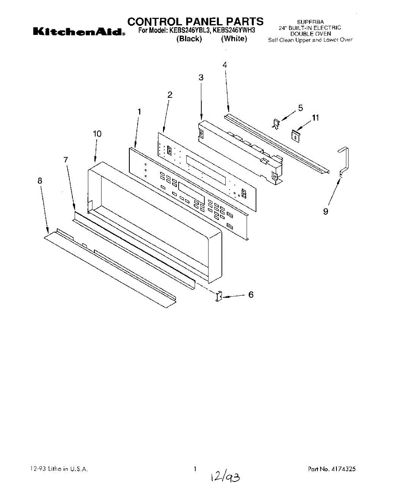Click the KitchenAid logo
click(x=77, y=32)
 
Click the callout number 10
click(x=97, y=133)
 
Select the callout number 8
click(x=40, y=180)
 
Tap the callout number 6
click(x=251, y=295)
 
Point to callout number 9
click(x=326, y=212)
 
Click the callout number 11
click(x=315, y=118)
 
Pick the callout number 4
click(x=225, y=65)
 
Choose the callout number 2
click(x=170, y=95)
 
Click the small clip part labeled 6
click(x=218, y=296)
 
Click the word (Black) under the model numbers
click(x=189, y=39)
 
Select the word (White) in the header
click(x=234, y=39)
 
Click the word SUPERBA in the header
click(x=310, y=22)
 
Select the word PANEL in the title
click(x=206, y=21)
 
